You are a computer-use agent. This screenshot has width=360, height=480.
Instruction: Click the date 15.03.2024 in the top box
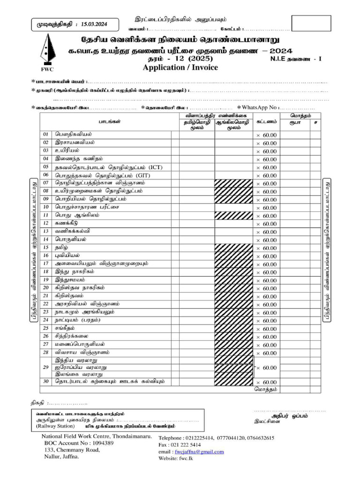(94, 24)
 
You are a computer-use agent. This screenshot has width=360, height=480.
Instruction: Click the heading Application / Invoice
(180, 67)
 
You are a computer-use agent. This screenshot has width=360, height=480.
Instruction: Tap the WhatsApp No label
(260, 108)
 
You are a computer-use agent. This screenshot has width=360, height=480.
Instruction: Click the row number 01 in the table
(45, 134)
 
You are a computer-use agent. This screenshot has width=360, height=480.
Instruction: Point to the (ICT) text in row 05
(156, 166)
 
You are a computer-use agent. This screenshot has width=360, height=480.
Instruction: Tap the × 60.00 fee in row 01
(266, 135)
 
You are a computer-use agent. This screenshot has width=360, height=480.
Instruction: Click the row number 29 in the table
(45, 367)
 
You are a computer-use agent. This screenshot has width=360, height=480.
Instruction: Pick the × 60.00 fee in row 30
(266, 382)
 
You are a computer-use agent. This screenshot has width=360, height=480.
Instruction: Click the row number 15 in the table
(45, 247)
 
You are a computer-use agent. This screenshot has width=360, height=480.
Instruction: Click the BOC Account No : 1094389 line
(79, 443)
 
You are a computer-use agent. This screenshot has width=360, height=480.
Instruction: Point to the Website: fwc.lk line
(176, 458)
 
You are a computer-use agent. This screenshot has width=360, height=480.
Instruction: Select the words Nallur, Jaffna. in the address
(61, 457)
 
